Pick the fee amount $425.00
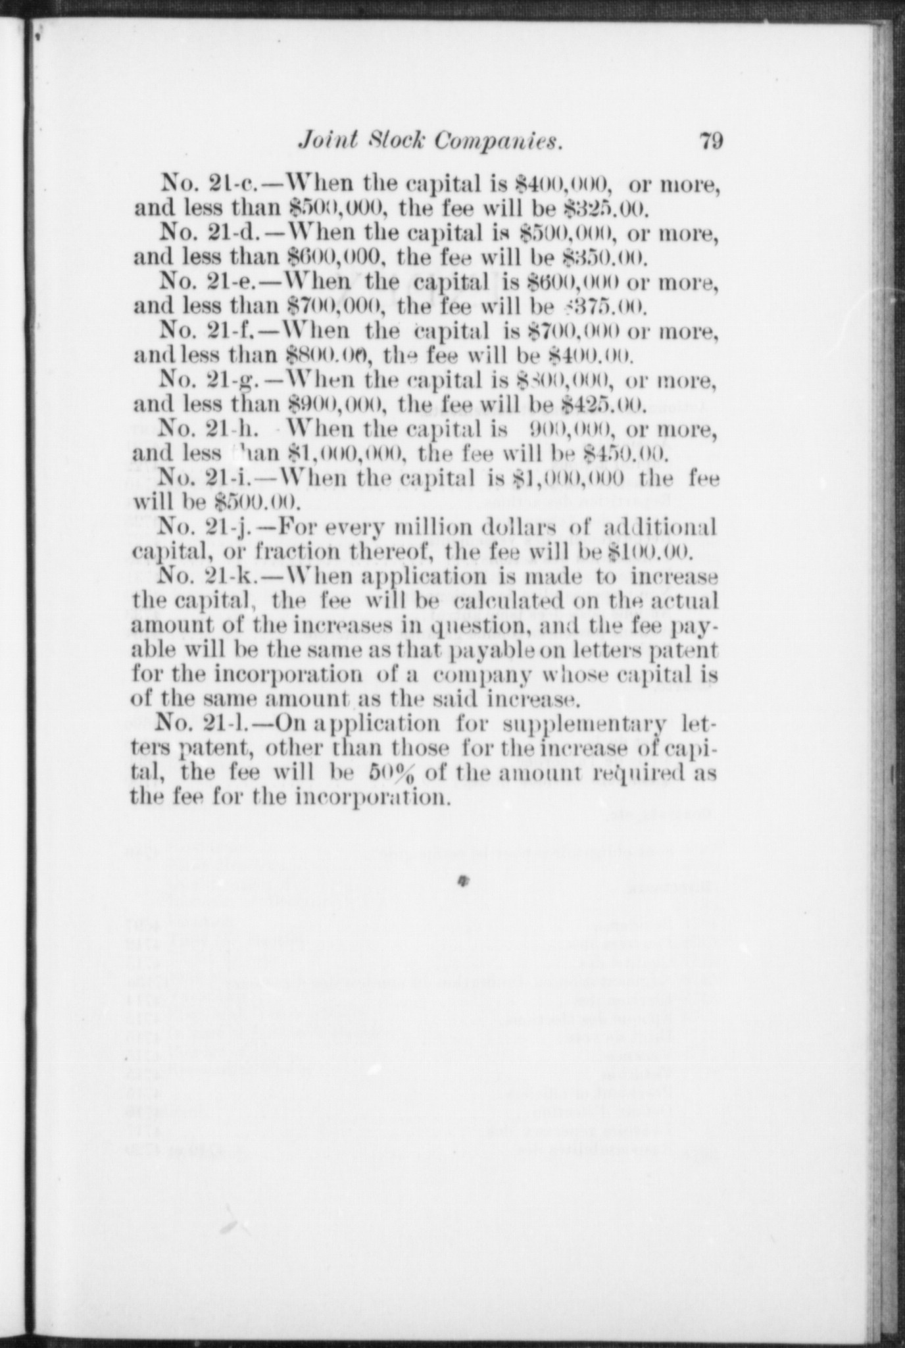click(607, 404)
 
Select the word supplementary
click(586, 725)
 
